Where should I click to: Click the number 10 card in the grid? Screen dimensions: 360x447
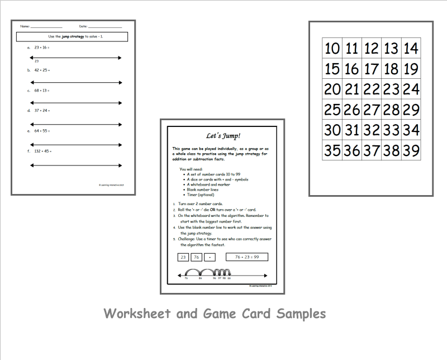point(332,49)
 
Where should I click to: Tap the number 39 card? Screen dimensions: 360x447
point(411,150)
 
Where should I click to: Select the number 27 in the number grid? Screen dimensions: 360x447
point(372,110)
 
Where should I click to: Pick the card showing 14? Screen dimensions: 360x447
point(411,49)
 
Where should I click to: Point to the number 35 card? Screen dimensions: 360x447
point(332,150)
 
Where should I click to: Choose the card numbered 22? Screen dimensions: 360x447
point(372,89)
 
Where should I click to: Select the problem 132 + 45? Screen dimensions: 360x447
point(43,151)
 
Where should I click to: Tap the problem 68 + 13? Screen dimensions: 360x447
point(42,90)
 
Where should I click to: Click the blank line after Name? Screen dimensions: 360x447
point(46,27)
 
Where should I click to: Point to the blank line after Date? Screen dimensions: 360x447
point(105,27)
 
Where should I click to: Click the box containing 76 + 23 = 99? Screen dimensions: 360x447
point(246,257)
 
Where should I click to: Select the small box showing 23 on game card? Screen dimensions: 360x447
point(183,257)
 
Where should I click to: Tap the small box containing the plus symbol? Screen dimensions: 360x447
point(210,257)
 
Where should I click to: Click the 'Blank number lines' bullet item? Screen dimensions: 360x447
point(206,190)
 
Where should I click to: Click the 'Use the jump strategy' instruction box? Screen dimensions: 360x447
point(73,37)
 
